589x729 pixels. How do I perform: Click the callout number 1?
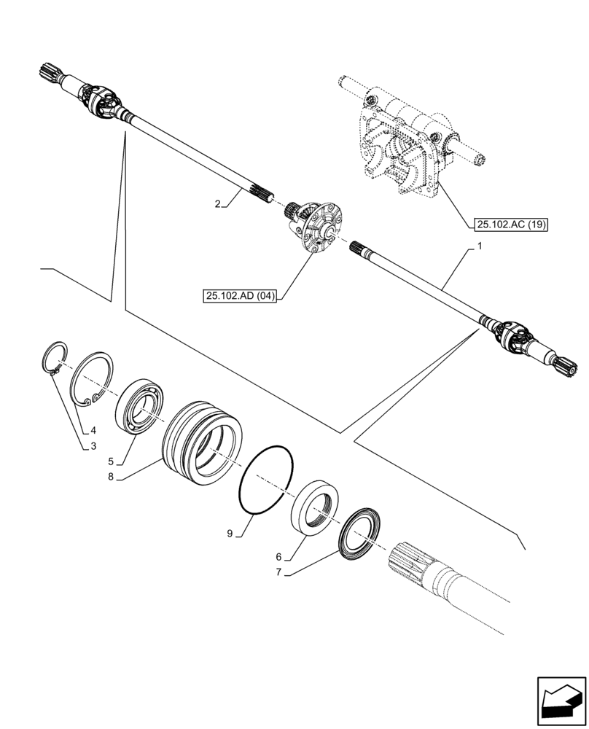(480, 248)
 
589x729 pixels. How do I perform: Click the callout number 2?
(218, 204)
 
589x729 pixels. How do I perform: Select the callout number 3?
(93, 446)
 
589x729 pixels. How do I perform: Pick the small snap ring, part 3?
(52, 358)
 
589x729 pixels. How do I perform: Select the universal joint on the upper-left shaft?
(101, 101)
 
